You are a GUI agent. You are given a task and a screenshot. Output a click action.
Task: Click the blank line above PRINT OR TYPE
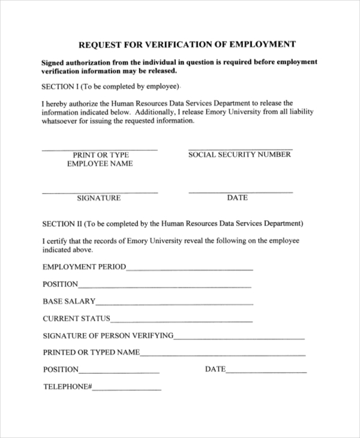(x=100, y=149)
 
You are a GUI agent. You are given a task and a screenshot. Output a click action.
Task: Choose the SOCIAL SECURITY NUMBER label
(x=239, y=155)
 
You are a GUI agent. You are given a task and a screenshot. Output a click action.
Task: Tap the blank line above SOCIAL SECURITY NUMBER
(x=240, y=149)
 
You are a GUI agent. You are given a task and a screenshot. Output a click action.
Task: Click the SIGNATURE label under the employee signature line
(x=99, y=198)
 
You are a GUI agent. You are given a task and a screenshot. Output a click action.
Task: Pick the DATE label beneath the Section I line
(x=237, y=197)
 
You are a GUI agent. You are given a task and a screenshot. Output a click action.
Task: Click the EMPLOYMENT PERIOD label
(x=85, y=267)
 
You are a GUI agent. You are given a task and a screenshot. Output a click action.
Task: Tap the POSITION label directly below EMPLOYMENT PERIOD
(x=61, y=284)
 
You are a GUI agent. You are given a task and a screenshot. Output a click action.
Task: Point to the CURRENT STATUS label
(x=77, y=319)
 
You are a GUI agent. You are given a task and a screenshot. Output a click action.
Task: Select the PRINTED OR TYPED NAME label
(x=91, y=353)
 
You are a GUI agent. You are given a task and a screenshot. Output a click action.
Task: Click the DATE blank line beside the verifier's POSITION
(x=266, y=373)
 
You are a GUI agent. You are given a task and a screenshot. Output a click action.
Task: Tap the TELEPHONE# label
(x=67, y=387)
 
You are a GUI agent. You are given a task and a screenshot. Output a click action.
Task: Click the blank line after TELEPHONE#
(x=127, y=390)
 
